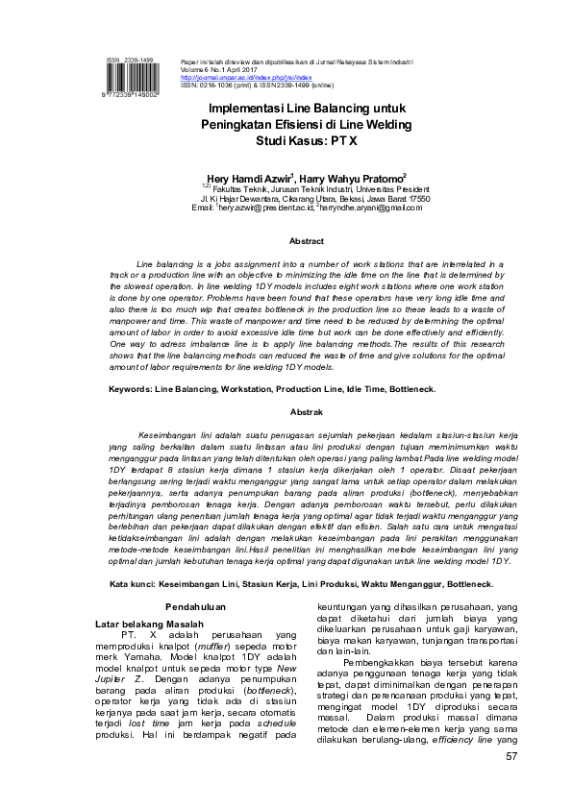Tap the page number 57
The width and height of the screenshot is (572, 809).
[511, 758]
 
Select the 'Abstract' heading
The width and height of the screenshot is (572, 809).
[307, 242]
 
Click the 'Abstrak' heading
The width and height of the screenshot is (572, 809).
[307, 411]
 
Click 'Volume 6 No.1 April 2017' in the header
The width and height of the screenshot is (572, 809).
[226, 68]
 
